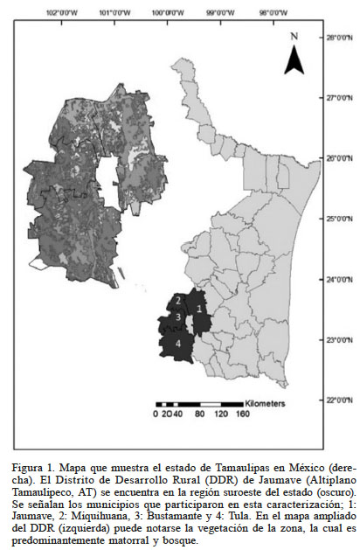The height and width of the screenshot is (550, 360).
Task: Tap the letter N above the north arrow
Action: pos(294,36)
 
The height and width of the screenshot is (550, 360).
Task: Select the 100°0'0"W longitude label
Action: pos(163,13)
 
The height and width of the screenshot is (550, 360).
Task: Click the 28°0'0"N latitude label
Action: pos(338,38)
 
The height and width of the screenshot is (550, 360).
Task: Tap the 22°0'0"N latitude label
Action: pos(338,400)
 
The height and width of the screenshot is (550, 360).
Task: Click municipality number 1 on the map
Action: pos(200,308)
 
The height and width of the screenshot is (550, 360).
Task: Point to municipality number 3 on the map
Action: pos(177,317)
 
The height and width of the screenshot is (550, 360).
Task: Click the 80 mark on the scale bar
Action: pos(200,414)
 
